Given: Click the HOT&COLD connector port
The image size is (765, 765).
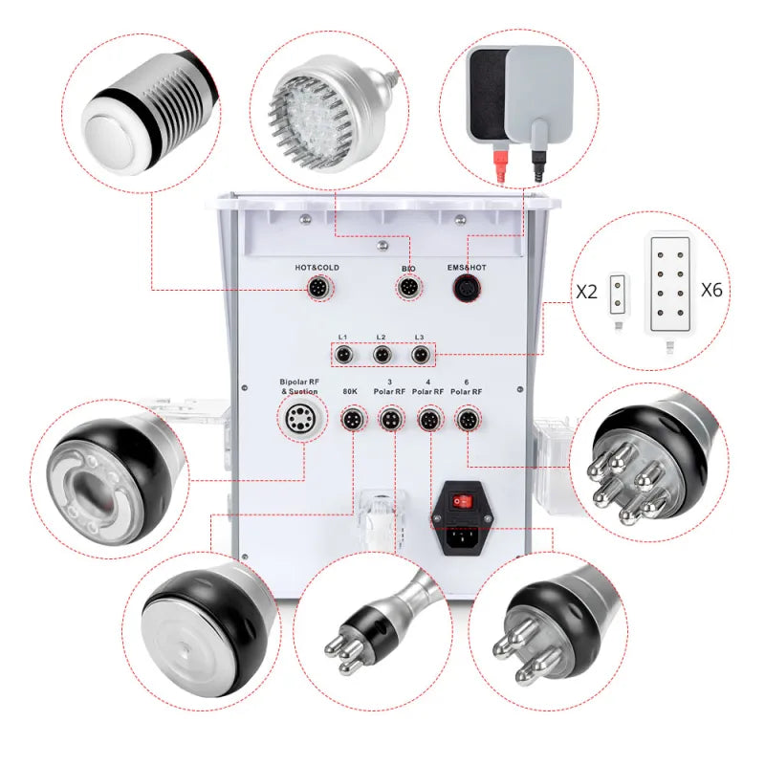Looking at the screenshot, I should (x=317, y=288).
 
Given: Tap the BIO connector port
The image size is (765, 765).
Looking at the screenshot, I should (x=409, y=288).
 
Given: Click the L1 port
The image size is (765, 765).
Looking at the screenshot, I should (x=343, y=356).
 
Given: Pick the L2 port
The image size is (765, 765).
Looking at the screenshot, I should (x=382, y=356).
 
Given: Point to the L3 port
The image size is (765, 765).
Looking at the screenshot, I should (x=419, y=356).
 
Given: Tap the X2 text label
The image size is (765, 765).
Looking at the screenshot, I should (x=587, y=292).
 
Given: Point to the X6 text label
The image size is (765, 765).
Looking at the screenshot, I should (x=711, y=290).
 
